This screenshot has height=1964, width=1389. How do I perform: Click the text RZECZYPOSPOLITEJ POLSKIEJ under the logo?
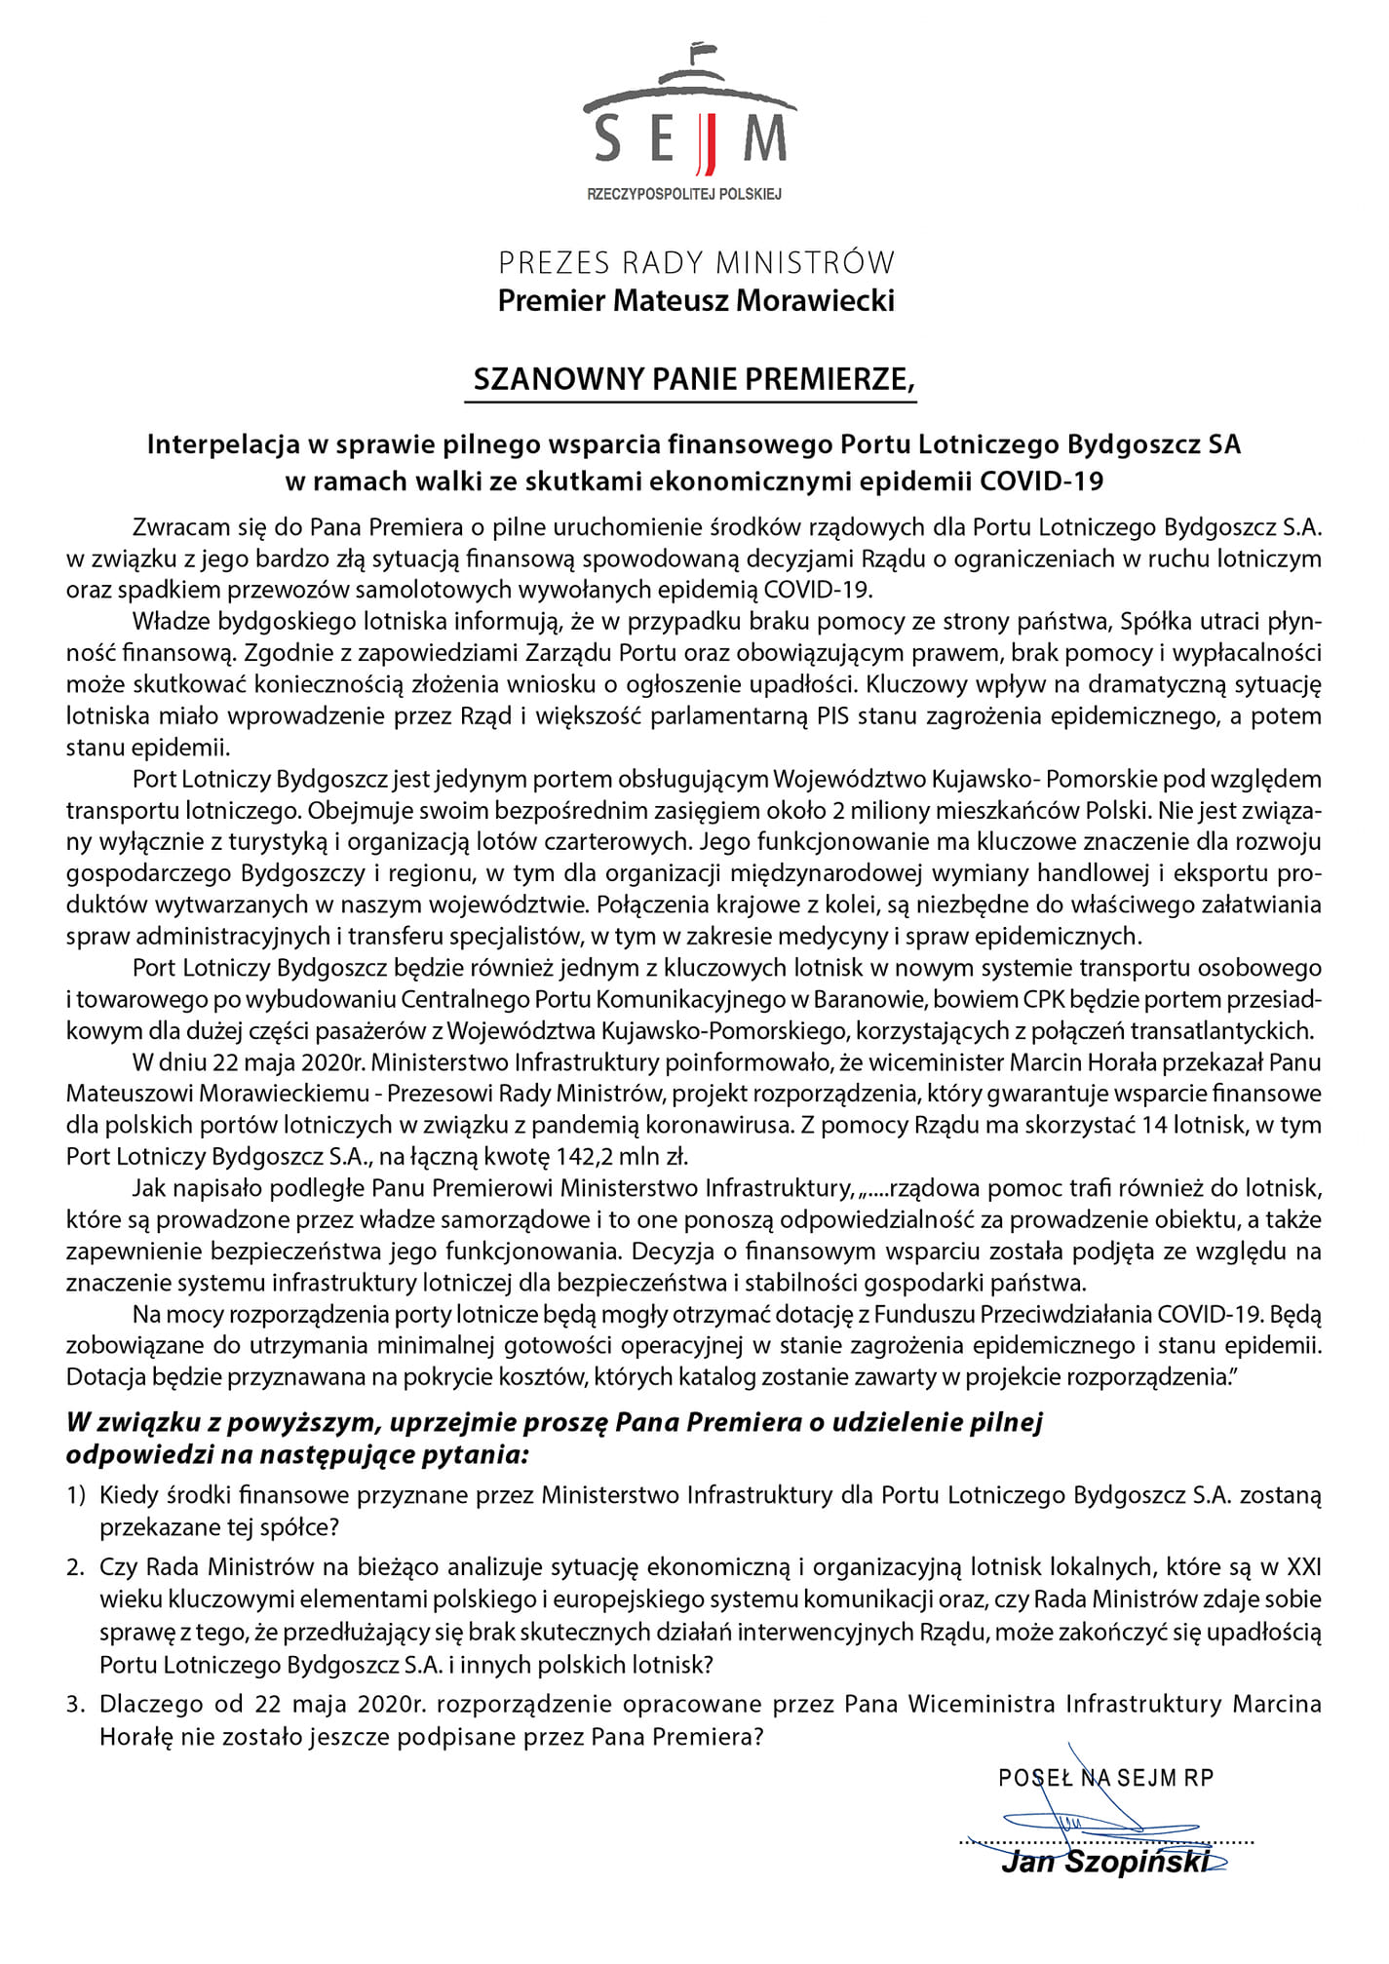click(x=684, y=194)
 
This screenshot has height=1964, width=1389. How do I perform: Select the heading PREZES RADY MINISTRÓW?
click(x=696, y=262)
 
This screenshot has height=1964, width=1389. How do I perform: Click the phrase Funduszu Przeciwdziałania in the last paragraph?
click(x=1014, y=1315)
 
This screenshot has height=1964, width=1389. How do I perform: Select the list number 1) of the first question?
click(x=77, y=1495)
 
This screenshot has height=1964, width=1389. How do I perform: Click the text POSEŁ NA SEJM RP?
click(x=1105, y=1778)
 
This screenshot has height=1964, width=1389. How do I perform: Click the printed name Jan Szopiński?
click(x=1104, y=1864)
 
